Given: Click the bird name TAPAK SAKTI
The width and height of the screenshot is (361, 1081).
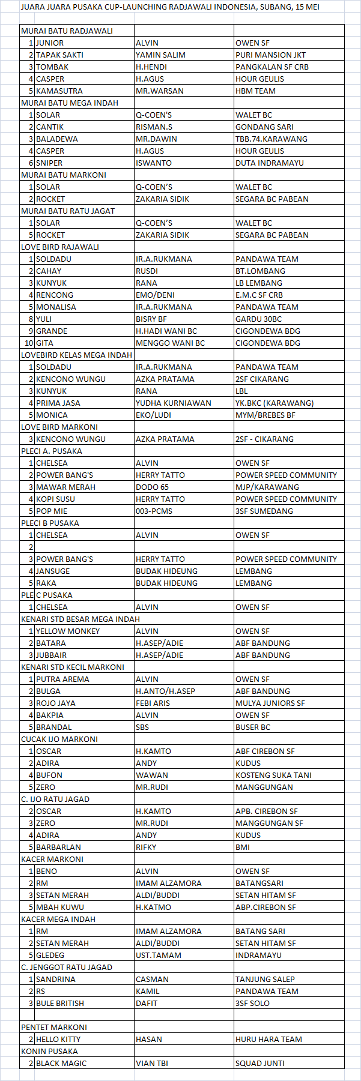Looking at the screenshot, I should (x=59, y=55).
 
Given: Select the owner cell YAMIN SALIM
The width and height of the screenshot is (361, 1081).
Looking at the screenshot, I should (x=160, y=55).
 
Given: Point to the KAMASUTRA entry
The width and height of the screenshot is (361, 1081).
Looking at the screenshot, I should (x=59, y=91).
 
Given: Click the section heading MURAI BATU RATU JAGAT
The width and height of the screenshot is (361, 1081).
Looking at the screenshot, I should (x=68, y=211).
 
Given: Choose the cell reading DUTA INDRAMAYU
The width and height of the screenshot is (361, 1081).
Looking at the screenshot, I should (x=270, y=163).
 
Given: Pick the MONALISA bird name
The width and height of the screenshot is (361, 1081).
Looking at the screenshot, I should (x=56, y=307).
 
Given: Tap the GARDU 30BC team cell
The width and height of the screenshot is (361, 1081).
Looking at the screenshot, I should (x=258, y=319).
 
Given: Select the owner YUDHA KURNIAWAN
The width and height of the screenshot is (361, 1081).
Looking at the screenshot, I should (x=174, y=403).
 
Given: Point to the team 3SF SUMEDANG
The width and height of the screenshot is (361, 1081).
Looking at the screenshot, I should (x=264, y=511).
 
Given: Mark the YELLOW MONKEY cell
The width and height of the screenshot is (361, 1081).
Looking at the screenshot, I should (x=68, y=631).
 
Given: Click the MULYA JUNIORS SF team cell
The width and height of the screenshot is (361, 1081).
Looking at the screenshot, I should (x=270, y=703).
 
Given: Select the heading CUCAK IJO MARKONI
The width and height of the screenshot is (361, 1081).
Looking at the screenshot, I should (x=59, y=739).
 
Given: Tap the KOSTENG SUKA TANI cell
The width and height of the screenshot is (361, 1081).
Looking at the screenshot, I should (x=273, y=775).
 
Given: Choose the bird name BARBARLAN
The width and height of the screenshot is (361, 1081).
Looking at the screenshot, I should (x=58, y=847).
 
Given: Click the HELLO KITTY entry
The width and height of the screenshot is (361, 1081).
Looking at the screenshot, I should (x=58, y=1039).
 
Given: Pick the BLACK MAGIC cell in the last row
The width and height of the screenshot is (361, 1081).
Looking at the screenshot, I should (x=61, y=1063).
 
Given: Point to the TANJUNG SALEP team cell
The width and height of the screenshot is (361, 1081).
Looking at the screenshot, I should (x=265, y=979).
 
